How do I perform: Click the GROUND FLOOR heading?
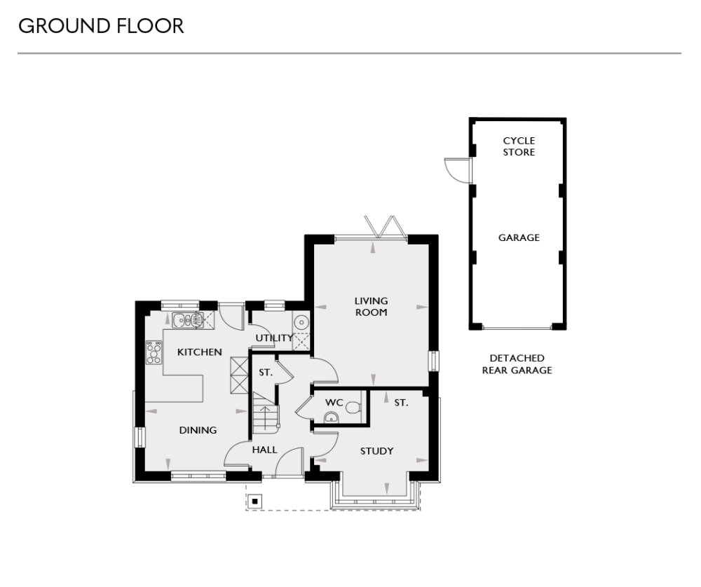coord(101,27)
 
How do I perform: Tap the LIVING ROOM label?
coord(371,307)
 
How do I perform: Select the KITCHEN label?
coord(199,352)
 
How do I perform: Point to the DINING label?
coord(198,430)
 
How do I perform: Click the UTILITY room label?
coord(273,338)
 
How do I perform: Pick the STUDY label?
coord(376,451)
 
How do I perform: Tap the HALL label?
coord(264,450)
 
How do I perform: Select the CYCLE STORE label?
coord(519,146)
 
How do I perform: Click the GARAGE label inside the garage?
coord(519,237)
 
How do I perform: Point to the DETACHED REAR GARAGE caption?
coord(517,364)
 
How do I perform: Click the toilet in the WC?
coord(355,406)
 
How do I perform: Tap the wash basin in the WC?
coord(332,418)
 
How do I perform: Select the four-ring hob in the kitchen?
coord(154,352)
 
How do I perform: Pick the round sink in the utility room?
coord(301,322)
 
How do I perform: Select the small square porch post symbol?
coord(255,501)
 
